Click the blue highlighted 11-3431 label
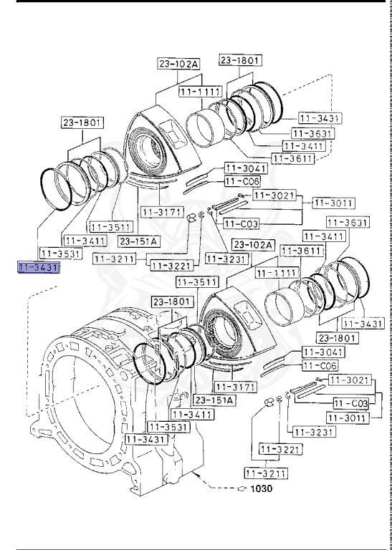tap(40, 267)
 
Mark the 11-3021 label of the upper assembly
tap(274, 195)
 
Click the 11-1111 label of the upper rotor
tap(200, 93)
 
